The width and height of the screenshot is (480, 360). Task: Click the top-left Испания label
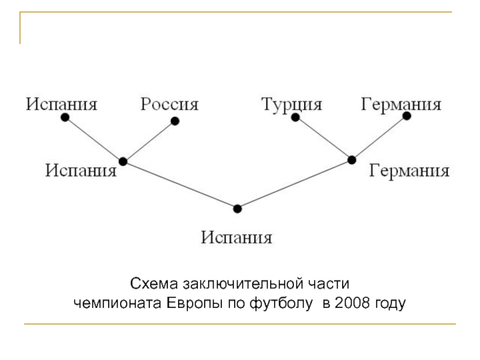point(61,105)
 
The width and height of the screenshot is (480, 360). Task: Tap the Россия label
point(169,105)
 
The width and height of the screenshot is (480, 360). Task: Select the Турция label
point(292,105)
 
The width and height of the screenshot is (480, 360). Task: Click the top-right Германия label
point(401,105)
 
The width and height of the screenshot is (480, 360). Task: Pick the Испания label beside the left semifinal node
point(81,171)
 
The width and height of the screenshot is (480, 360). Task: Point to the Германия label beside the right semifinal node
point(409,171)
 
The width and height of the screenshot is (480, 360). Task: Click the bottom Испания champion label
point(237,238)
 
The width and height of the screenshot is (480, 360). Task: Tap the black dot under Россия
point(175,121)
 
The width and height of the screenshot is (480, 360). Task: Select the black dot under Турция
point(295,118)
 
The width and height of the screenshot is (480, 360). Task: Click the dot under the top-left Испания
point(65,118)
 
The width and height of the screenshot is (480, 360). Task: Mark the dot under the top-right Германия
point(407,116)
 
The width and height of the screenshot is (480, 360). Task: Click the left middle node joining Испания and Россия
point(123,161)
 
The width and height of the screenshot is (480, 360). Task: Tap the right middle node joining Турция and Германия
point(352,160)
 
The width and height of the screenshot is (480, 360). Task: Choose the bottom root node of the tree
point(238,209)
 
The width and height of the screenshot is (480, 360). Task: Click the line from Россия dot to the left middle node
point(149,141)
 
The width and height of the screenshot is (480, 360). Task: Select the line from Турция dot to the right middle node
point(323,139)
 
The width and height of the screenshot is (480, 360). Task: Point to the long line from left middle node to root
point(180,185)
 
